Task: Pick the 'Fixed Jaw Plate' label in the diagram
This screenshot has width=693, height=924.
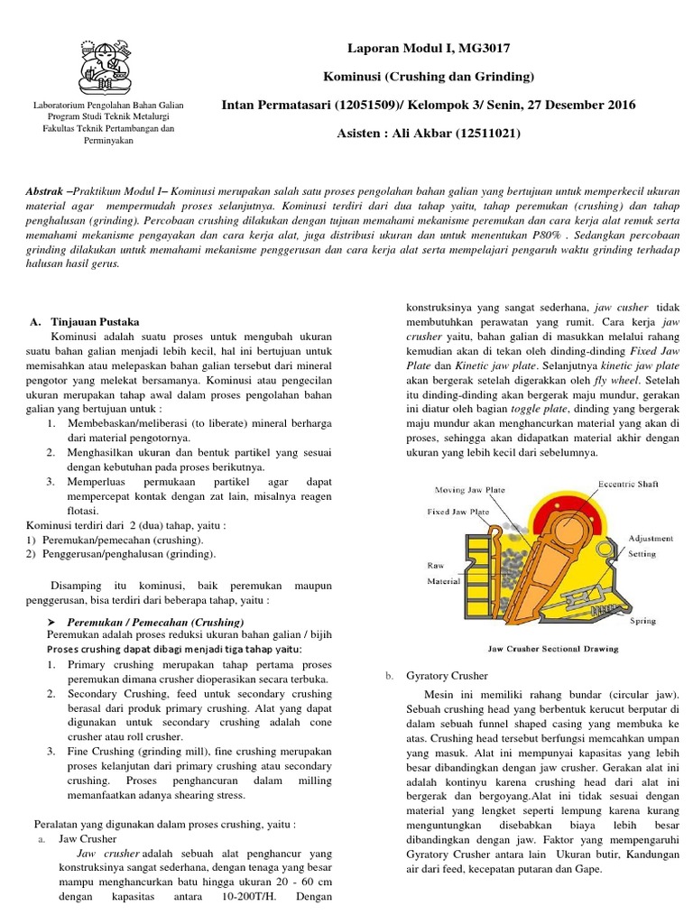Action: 458,511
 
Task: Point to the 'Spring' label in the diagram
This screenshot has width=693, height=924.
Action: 642,621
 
